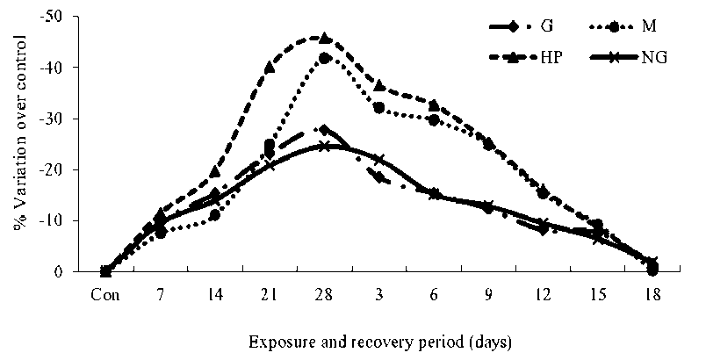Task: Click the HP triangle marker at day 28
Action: tap(325, 39)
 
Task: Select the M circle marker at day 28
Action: tap(324, 58)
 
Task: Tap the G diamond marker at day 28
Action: tap(324, 130)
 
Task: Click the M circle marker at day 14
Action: tap(214, 215)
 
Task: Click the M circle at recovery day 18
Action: tap(652, 270)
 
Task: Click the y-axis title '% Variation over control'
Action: tap(19, 135)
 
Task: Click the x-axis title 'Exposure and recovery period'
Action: tap(379, 338)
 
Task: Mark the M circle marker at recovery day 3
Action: tap(379, 107)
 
